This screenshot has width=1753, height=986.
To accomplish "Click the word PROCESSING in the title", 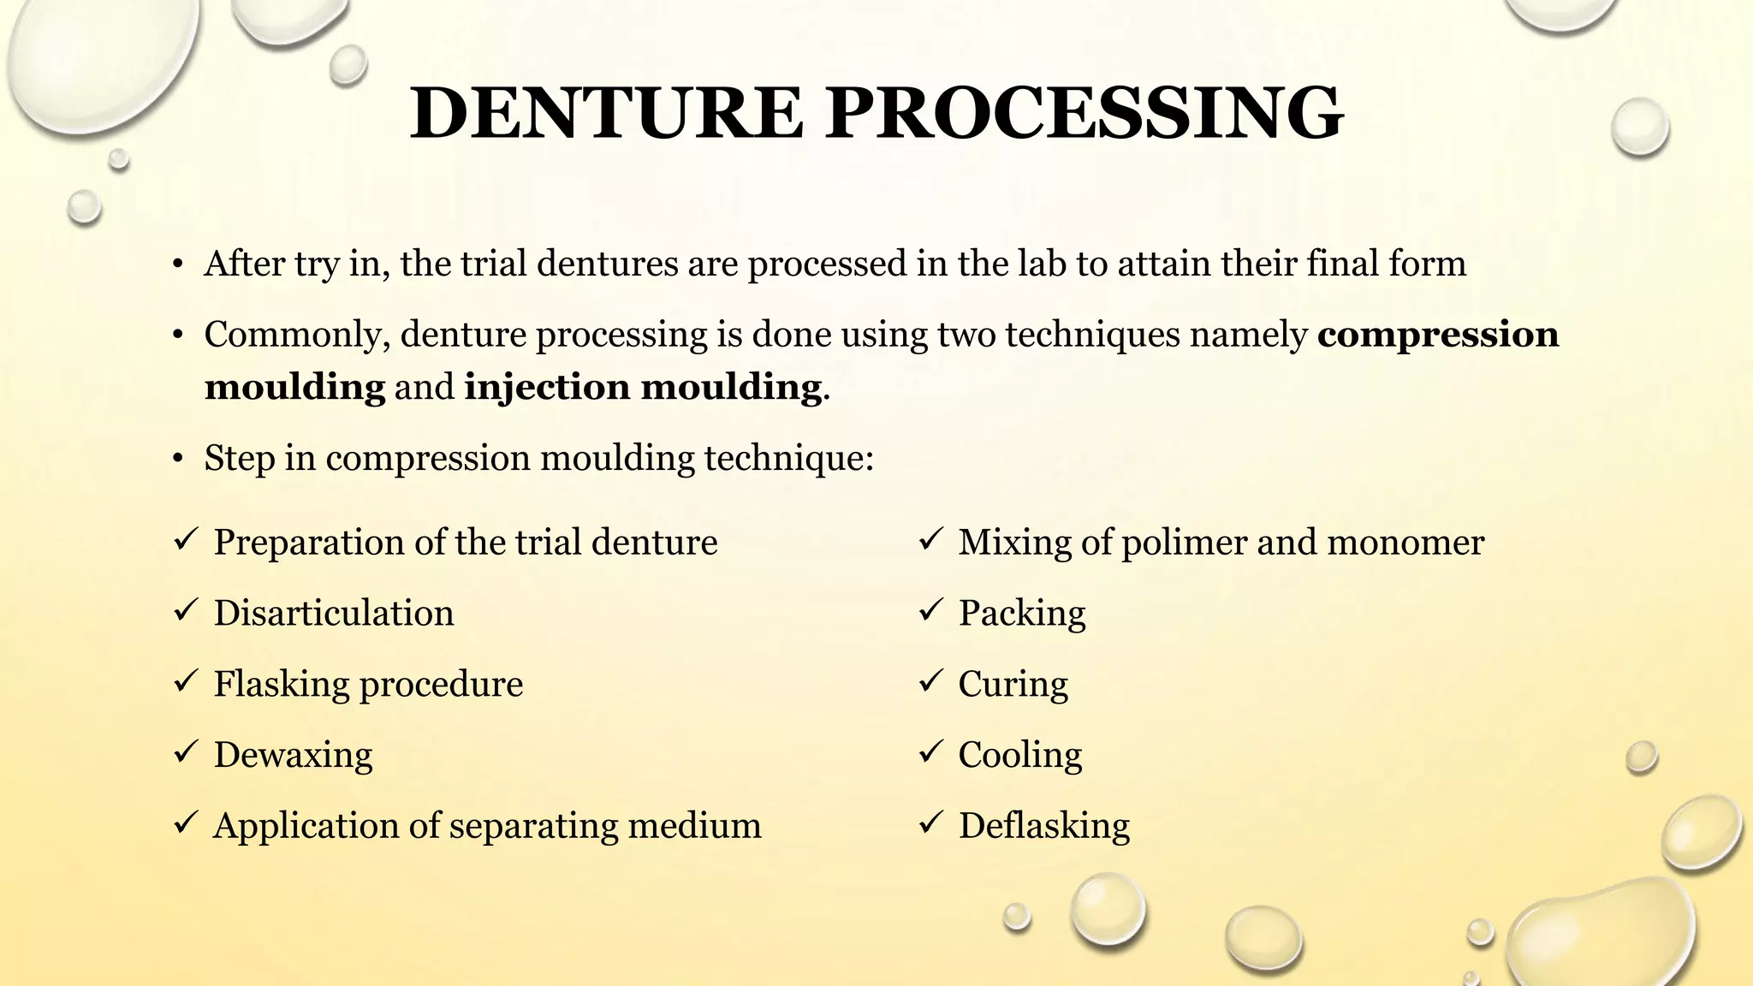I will click(1084, 114).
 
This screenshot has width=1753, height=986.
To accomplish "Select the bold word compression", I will click(1438, 335).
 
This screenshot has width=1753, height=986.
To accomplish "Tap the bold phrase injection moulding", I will click(643, 387).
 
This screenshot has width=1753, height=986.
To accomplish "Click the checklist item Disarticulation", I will click(334, 614).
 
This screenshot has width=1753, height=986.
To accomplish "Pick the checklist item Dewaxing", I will click(293, 755).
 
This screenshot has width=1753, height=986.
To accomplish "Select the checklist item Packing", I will click(1021, 614).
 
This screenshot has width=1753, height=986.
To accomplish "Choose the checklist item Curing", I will click(1013, 685).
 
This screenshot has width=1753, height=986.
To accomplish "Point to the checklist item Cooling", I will click(1019, 755).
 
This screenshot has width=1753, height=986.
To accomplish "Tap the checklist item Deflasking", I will click(1043, 826).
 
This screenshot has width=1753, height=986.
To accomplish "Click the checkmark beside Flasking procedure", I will click(186, 682).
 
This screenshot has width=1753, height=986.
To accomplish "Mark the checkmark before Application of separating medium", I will click(186, 823).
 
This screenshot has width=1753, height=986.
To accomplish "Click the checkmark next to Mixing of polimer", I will click(930, 540).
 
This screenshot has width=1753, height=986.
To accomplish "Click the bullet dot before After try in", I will click(177, 264).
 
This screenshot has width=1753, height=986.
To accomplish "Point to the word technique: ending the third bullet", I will click(788, 459).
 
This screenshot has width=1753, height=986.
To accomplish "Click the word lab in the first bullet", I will click(1042, 264).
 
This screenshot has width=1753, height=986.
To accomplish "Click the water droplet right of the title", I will click(1639, 127).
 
